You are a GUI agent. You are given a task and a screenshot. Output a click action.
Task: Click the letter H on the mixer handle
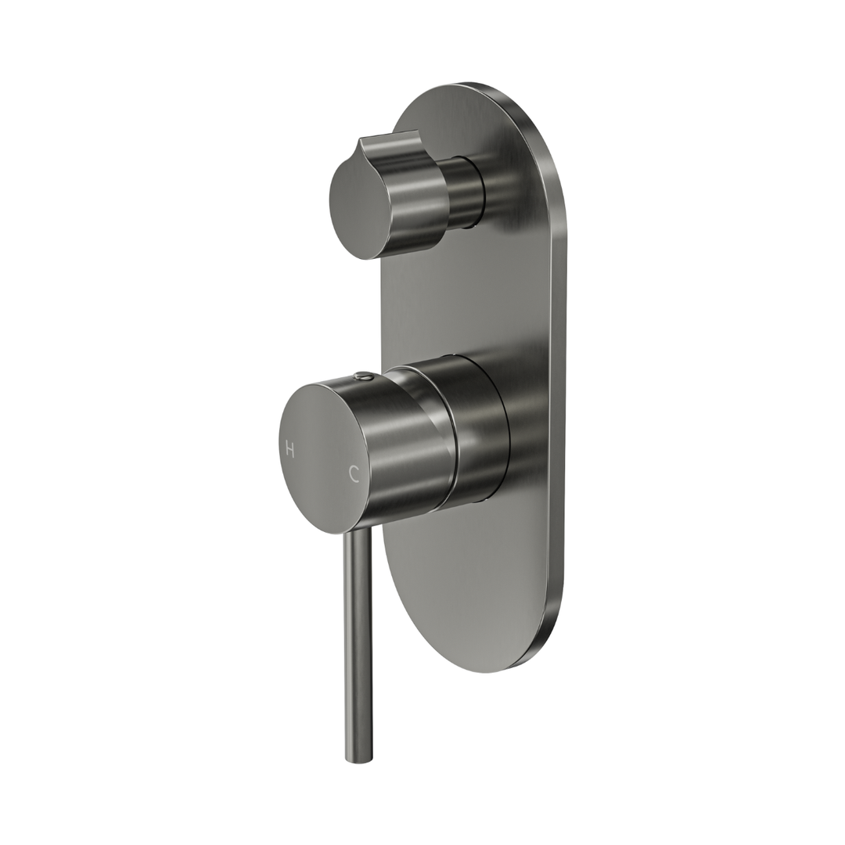[x=290, y=449]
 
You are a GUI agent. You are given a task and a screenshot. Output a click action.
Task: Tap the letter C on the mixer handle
[x=354, y=473]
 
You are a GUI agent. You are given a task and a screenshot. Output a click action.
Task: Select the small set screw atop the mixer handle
[x=361, y=377]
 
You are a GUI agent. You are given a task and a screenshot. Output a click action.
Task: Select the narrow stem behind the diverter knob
[x=466, y=192]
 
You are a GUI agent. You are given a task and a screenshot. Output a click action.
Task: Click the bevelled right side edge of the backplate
[x=557, y=391]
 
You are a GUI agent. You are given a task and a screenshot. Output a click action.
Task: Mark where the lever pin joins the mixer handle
[x=357, y=534]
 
